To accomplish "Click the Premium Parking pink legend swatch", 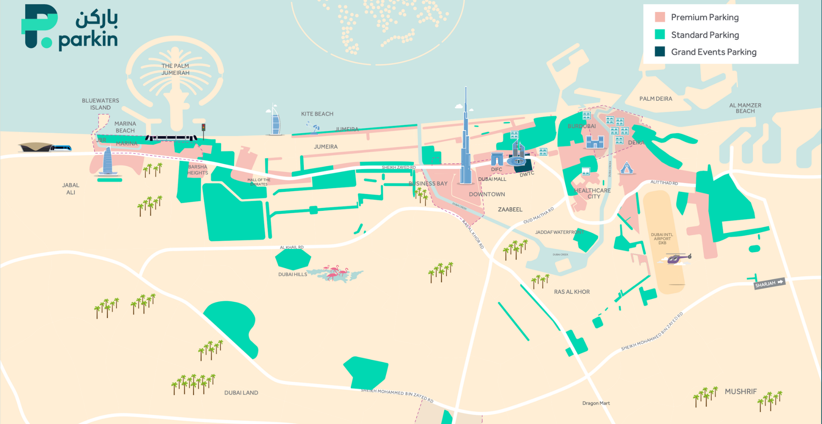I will [659, 17].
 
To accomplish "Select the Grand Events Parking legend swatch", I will [659, 52].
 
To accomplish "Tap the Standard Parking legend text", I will [705, 35].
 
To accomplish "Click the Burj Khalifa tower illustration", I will [466, 149].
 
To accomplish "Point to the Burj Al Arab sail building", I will [275, 120].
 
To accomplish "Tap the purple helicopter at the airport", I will [678, 258].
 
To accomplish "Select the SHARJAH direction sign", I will [769, 283].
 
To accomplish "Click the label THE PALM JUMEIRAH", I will [175, 69].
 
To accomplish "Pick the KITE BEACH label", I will [317, 114].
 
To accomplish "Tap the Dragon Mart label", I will [596, 403].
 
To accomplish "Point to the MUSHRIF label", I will [741, 391].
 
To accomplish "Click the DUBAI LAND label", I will [241, 393].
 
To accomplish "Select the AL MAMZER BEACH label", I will [745, 108].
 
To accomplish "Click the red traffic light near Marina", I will [203, 128].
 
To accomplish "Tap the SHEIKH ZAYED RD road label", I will [399, 167].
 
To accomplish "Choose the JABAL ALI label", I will [71, 189].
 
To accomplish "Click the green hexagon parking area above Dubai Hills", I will [293, 259].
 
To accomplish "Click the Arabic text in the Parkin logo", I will [97, 19].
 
